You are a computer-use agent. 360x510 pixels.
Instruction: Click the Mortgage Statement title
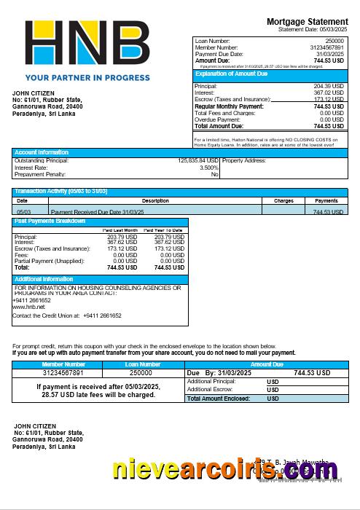307,22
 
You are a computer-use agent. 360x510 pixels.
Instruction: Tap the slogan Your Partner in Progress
87,76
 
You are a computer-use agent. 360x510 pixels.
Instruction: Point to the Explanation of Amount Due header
232,74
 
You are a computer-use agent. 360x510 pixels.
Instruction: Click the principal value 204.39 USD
328,86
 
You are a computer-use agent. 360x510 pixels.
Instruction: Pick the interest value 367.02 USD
328,93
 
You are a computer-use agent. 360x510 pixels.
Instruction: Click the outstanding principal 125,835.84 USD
197,160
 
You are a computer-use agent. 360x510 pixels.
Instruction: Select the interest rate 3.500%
208,168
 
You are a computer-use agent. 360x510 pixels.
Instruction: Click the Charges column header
283,200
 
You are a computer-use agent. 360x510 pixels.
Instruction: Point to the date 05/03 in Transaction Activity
23,211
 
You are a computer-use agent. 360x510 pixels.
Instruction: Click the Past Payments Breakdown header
50,221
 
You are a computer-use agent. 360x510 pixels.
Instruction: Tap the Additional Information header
44,279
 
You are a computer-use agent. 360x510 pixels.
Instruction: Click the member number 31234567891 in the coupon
63,372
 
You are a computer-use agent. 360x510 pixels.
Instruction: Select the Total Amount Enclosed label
219,399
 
